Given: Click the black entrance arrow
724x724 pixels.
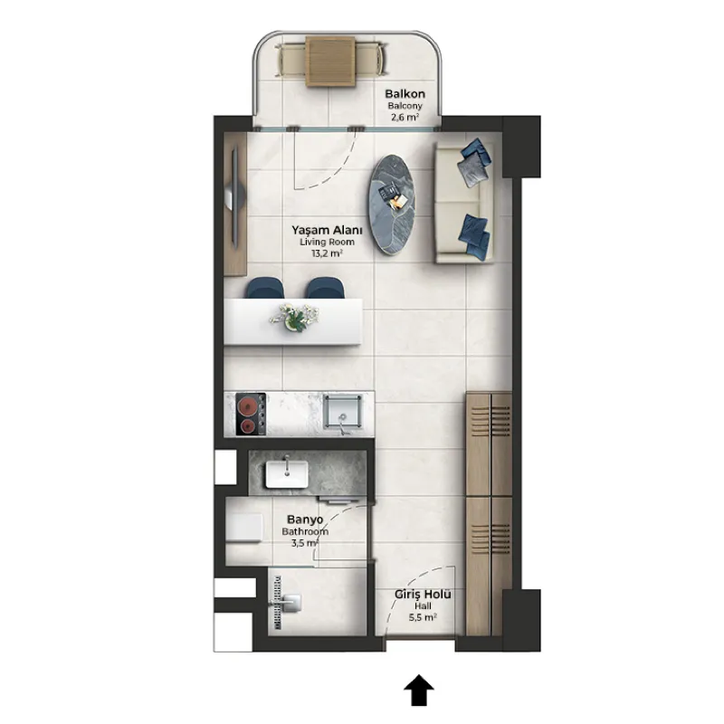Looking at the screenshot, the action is click(x=419, y=690).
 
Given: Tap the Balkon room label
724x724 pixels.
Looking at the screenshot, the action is click(x=405, y=94).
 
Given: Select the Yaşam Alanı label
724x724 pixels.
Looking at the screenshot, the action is click(x=327, y=230).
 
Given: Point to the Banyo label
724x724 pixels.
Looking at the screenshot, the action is click(x=305, y=519).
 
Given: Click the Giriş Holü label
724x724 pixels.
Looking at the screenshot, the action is click(x=423, y=594).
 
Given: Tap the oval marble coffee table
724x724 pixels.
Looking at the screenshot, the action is click(x=392, y=205).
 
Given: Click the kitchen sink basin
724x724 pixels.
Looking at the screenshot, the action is click(x=342, y=411).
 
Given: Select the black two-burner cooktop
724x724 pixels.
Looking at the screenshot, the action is click(x=251, y=414).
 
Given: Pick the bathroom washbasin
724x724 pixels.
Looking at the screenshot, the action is click(x=286, y=473).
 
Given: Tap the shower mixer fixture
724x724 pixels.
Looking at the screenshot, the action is click(x=291, y=602).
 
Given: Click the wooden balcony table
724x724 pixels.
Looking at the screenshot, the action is click(x=330, y=62).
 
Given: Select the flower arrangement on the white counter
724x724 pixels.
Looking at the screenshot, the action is click(x=294, y=317).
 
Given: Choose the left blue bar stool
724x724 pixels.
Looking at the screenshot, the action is click(x=264, y=288).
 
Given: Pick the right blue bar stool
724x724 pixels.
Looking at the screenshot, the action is click(x=325, y=288).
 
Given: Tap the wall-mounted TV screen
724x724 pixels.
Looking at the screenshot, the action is click(x=235, y=197).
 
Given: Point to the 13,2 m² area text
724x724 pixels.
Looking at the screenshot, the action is click(x=327, y=253).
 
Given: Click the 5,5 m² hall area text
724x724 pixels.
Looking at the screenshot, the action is click(x=423, y=617).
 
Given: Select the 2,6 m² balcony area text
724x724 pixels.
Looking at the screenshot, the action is click(x=405, y=117).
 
